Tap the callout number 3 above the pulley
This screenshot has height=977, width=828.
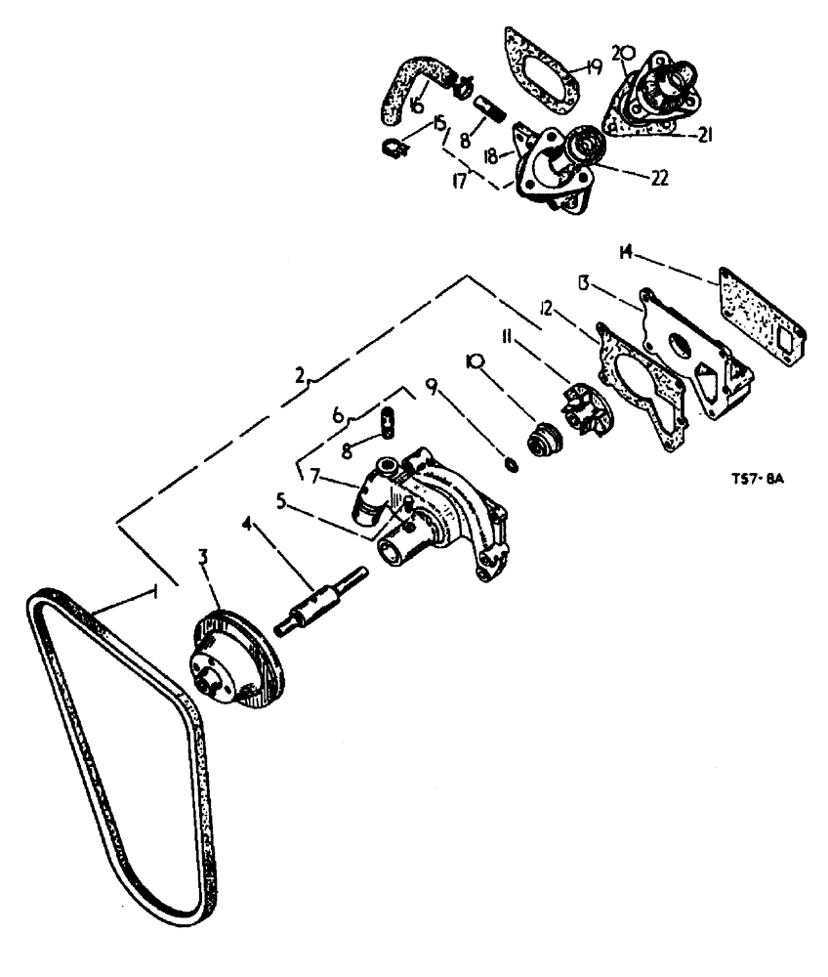(203, 558)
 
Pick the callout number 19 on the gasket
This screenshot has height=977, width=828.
(594, 67)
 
